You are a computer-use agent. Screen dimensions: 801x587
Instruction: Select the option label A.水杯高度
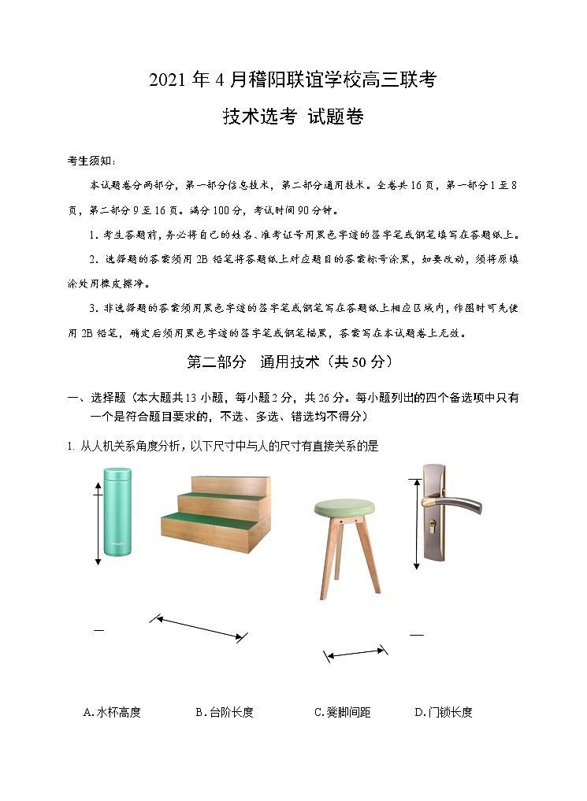point(112,712)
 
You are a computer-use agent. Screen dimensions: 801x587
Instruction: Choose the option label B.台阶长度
point(225,712)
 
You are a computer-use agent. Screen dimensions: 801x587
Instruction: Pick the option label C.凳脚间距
point(342,712)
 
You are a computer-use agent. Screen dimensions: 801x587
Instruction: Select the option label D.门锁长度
point(444,712)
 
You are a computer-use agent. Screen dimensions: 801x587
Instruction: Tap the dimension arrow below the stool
point(356,653)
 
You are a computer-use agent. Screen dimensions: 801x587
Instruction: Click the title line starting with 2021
point(292,80)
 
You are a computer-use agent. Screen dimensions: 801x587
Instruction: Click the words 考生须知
point(91,161)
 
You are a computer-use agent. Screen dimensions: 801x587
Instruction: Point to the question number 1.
point(71,447)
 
